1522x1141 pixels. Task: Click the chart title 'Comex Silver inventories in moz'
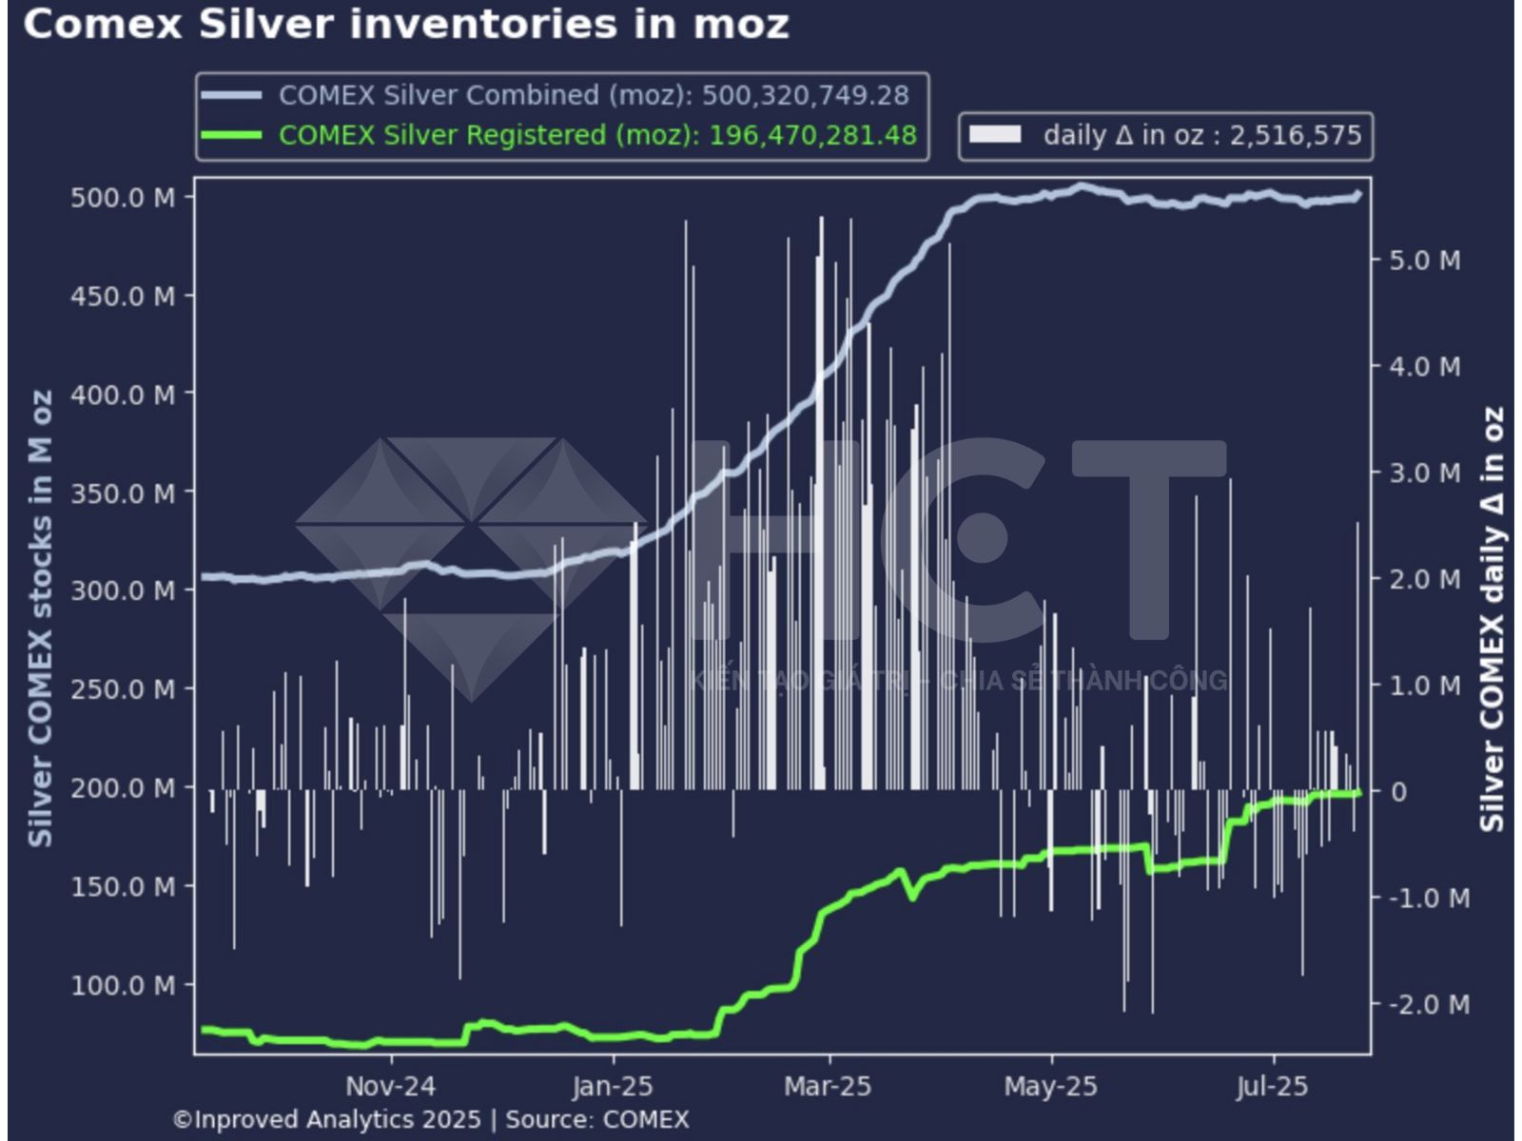[x=406, y=25]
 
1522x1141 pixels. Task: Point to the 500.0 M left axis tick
[x=123, y=198]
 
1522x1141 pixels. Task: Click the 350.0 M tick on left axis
[x=123, y=493]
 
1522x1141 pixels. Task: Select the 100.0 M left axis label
[x=123, y=985]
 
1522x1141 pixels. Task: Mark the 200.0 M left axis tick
[x=123, y=788]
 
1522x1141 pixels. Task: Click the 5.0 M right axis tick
[x=1424, y=261]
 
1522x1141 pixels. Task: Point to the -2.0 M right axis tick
[x=1429, y=1004]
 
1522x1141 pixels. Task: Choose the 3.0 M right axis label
[x=1424, y=474]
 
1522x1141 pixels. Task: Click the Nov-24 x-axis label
[x=390, y=1086]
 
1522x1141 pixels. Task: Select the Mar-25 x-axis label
[x=828, y=1086]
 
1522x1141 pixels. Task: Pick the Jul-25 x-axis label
[x=1273, y=1086]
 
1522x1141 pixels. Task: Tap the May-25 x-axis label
[x=1050, y=1086]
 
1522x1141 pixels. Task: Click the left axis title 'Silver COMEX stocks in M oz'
[x=40, y=618]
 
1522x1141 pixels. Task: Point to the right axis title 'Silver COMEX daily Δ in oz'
[x=1492, y=618]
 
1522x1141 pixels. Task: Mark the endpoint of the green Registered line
[x=1357, y=792]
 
